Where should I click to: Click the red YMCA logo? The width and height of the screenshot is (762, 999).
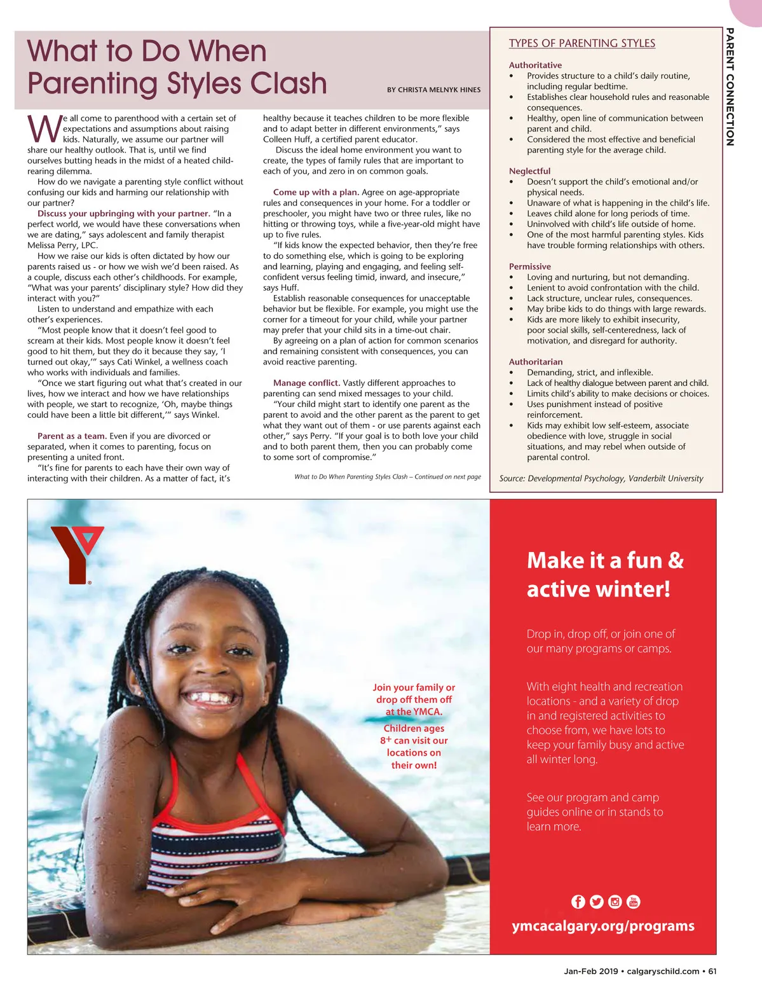tap(75, 553)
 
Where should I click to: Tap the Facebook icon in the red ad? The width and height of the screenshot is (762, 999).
tap(578, 902)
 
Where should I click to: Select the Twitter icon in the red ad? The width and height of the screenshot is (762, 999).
tap(596, 902)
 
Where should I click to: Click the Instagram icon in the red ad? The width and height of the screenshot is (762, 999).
tap(615, 902)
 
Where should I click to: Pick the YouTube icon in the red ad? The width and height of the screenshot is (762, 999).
tap(633, 902)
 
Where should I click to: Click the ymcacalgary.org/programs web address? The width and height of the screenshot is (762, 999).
tap(603, 926)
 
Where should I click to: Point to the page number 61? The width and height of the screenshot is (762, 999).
tap(712, 971)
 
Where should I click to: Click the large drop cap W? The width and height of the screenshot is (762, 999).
tap(44, 129)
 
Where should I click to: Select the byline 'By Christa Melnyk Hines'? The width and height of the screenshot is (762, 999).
tap(433, 90)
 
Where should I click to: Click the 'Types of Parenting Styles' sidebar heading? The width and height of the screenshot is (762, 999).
tap(582, 43)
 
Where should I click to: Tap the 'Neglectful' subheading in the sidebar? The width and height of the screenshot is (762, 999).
tap(529, 171)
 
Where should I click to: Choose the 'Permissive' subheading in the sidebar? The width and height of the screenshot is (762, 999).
tap(529, 266)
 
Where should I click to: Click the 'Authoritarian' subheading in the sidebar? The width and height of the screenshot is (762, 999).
tap(535, 362)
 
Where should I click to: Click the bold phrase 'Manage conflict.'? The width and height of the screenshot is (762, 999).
tap(306, 383)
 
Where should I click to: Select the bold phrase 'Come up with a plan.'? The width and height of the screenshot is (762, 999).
tap(316, 192)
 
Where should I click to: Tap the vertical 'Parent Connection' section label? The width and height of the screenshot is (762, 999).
tap(730, 87)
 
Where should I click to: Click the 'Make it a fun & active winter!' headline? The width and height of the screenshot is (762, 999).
tap(604, 574)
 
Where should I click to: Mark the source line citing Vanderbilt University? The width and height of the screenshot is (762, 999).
tap(601, 478)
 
